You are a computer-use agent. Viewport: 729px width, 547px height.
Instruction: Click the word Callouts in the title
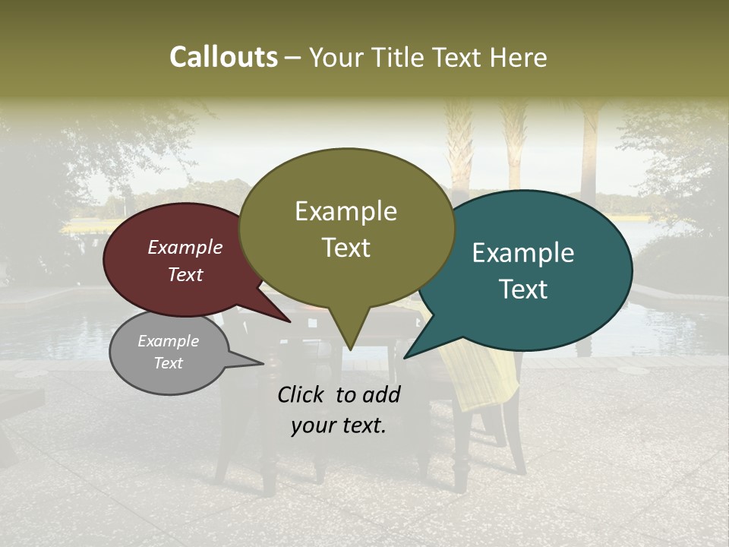[x=223, y=57]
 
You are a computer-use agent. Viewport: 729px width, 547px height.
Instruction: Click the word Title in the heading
[x=400, y=58]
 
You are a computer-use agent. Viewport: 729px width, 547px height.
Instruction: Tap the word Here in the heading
[x=519, y=58]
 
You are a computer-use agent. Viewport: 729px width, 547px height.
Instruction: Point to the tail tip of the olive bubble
[x=350, y=349]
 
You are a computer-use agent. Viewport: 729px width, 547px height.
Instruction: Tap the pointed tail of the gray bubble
[x=262, y=363]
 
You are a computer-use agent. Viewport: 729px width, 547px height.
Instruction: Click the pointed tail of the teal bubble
[x=406, y=356]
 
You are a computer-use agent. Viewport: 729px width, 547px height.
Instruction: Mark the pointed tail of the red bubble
[x=289, y=321]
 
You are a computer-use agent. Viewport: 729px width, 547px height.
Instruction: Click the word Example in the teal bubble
[x=523, y=253]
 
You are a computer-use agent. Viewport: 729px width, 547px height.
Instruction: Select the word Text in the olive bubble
[x=346, y=248]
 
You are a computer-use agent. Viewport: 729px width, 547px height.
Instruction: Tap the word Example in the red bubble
[x=185, y=248]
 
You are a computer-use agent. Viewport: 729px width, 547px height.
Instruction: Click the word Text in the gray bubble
[x=169, y=363]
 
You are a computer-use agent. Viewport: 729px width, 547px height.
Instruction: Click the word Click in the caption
[x=301, y=394]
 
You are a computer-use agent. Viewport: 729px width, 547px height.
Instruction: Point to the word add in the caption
[x=381, y=394]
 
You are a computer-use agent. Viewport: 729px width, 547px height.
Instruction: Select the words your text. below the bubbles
[x=339, y=426]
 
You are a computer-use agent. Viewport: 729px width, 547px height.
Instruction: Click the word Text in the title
[x=459, y=58]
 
